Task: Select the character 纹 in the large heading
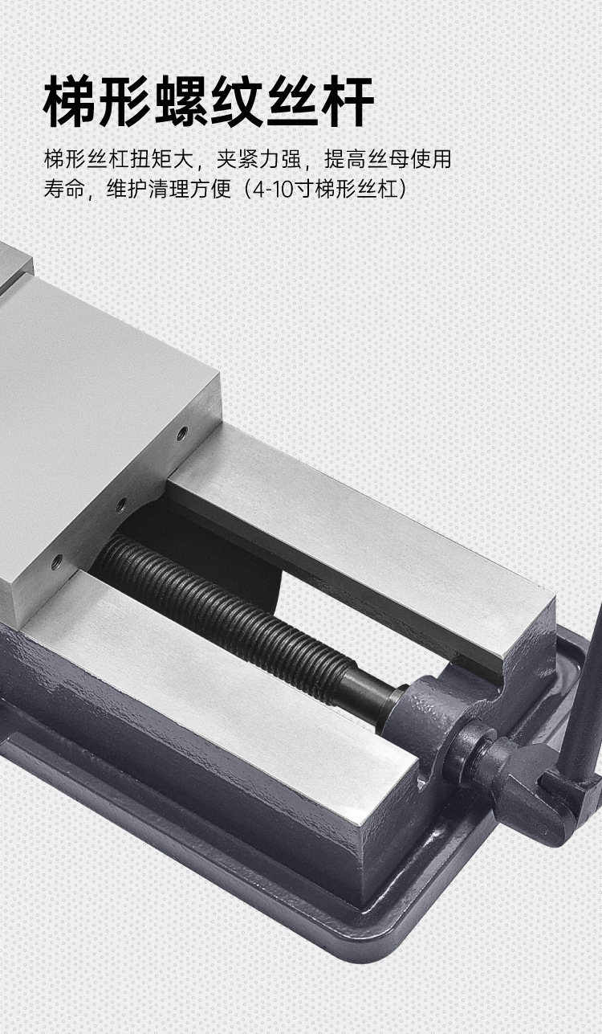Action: [237, 101]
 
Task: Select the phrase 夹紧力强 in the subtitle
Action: [258, 159]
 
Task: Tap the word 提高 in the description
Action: [345, 159]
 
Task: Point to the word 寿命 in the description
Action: [64, 188]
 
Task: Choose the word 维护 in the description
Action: [128, 188]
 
